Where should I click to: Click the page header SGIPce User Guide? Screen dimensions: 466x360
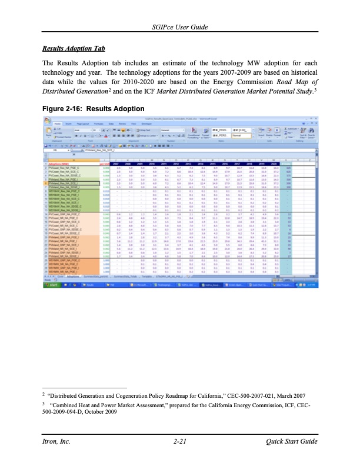[179, 28]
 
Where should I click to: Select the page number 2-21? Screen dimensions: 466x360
[180, 441]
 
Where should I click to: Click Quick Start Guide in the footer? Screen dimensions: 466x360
[292, 441]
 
